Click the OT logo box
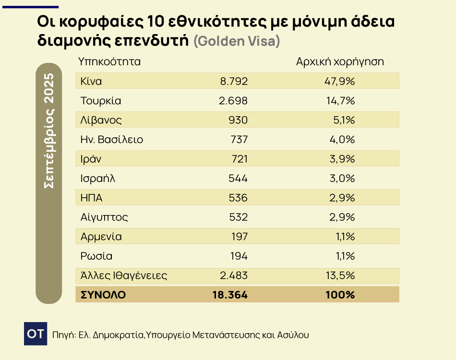click(36, 334)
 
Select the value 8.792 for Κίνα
click(234, 81)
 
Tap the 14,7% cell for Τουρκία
click(340, 101)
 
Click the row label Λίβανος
click(101, 120)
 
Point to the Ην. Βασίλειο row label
click(112, 140)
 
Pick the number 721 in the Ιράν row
click(239, 159)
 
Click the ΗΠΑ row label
click(92, 198)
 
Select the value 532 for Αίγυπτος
click(239, 217)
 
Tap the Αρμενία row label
click(101, 237)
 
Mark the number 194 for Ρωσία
click(239, 256)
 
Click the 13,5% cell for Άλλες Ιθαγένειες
click(340, 276)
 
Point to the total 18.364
click(230, 295)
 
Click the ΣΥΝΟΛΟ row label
click(103, 295)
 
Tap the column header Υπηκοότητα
click(109, 62)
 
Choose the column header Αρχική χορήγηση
click(340, 62)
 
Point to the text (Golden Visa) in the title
click(237, 41)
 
